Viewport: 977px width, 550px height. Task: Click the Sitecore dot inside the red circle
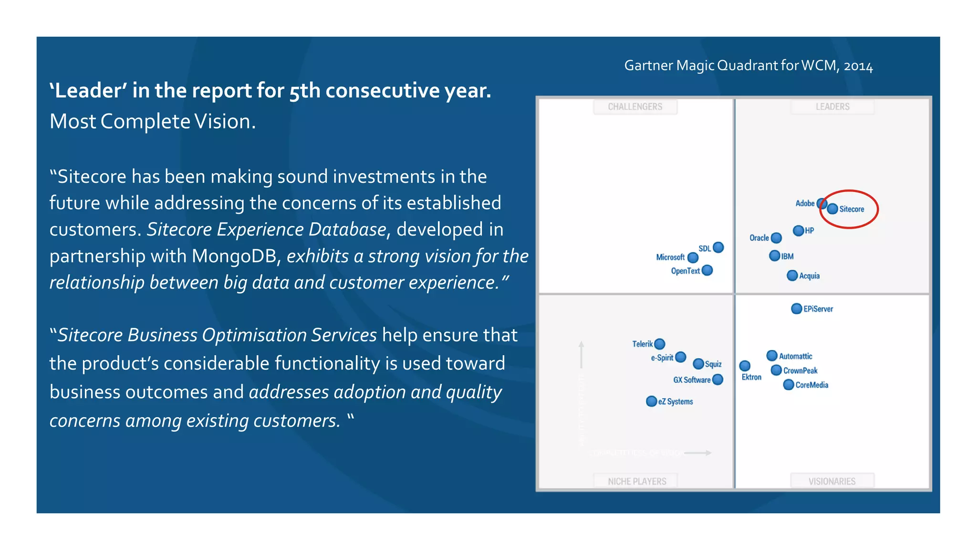click(832, 209)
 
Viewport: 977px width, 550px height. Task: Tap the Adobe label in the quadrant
click(805, 203)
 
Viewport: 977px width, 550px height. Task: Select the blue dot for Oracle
click(776, 237)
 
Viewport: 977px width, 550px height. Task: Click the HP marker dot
click(798, 231)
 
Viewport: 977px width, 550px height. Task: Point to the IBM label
click(788, 256)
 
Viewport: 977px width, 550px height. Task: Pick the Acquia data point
click(792, 275)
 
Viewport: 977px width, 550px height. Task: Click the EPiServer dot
click(796, 308)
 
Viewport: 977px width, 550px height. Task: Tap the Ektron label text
click(751, 377)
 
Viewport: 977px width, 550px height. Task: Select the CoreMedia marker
click(789, 384)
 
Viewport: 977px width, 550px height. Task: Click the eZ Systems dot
click(651, 401)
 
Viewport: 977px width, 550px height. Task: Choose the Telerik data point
click(660, 344)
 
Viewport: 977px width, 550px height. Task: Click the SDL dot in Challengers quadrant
click(718, 247)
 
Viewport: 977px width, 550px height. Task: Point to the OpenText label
click(685, 271)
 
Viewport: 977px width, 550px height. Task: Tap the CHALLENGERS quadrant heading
click(635, 106)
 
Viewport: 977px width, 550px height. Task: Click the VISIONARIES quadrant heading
click(832, 481)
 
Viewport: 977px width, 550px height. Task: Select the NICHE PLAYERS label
click(637, 481)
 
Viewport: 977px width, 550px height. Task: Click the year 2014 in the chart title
click(858, 66)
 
